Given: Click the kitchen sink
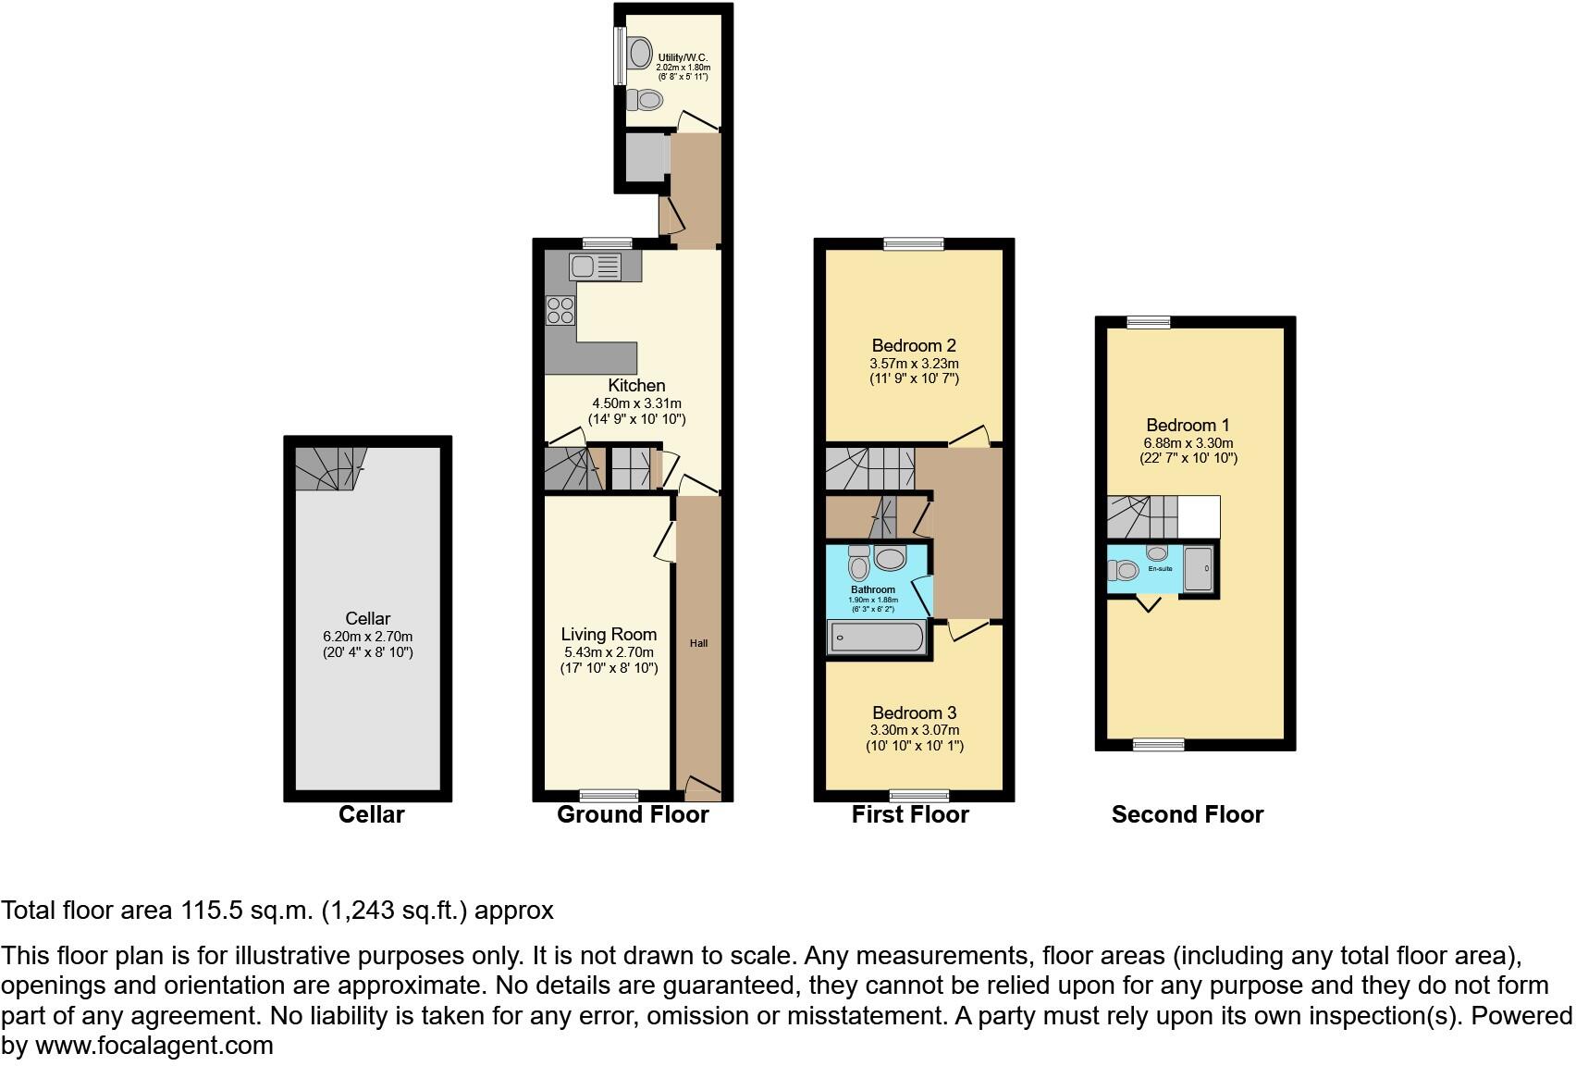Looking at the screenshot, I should pyautogui.click(x=594, y=267).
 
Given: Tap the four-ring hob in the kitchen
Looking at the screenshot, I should pyautogui.click(x=560, y=310).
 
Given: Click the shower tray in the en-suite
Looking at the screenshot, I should pyautogui.click(x=1198, y=568).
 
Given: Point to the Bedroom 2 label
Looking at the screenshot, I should pyautogui.click(x=913, y=346).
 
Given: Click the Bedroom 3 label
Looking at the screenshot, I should pyautogui.click(x=914, y=713).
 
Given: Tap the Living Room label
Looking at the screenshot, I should pyautogui.click(x=609, y=634).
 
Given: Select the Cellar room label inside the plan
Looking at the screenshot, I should pyautogui.click(x=367, y=618).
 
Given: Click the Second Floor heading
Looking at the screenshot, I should pyautogui.click(x=1187, y=814).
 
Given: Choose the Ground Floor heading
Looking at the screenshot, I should pyautogui.click(x=633, y=814).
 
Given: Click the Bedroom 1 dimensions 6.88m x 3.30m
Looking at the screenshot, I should pyautogui.click(x=1188, y=442).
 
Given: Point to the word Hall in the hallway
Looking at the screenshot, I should pyautogui.click(x=698, y=643).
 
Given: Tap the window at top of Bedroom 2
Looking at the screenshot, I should pyautogui.click(x=913, y=243).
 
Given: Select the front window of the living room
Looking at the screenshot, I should pyautogui.click(x=609, y=795).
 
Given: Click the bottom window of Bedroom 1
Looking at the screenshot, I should pyautogui.click(x=1158, y=744).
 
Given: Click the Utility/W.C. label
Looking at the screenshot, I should pyautogui.click(x=683, y=57).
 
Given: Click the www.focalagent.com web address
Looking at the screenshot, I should pyautogui.click(x=154, y=1046).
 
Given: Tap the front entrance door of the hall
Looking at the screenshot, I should pyautogui.click(x=702, y=789).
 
